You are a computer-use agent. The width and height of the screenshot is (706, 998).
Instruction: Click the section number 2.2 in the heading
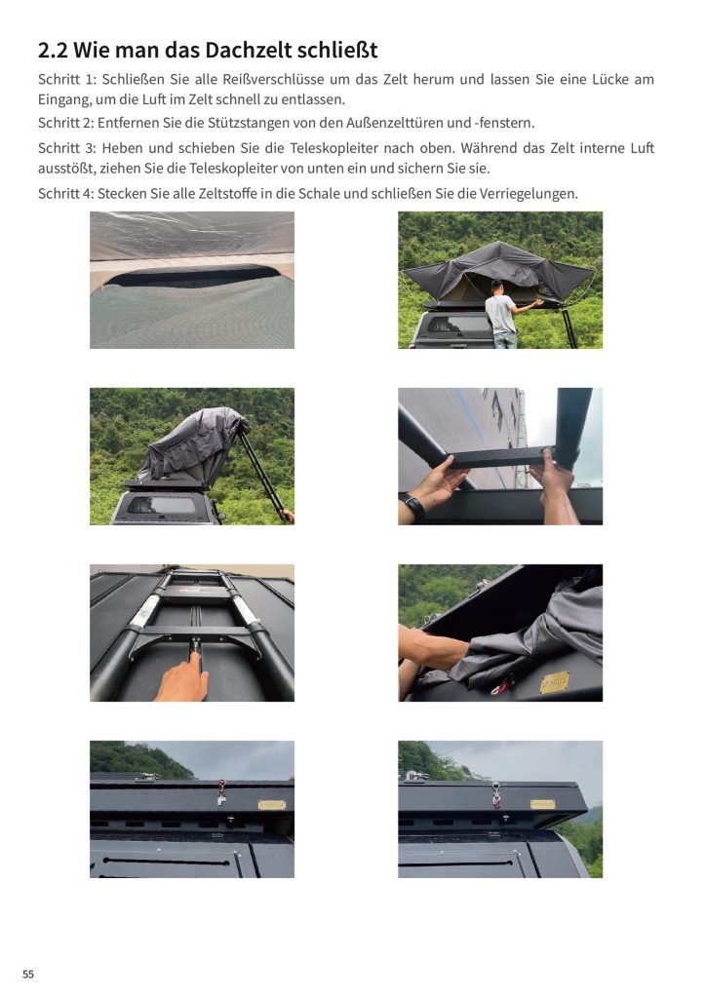coord(53,50)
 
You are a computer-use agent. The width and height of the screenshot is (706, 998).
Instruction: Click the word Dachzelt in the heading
coord(209,50)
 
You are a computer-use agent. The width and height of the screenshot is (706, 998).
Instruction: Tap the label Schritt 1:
coord(67,80)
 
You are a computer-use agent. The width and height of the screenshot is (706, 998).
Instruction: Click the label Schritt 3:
coord(67,148)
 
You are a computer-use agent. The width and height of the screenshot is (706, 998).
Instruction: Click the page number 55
coord(28,975)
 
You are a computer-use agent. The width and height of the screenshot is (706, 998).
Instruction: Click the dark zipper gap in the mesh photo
coord(191,275)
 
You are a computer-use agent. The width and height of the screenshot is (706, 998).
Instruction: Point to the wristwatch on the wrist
coord(413,506)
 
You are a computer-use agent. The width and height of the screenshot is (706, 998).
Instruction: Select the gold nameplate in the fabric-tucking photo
coord(555,682)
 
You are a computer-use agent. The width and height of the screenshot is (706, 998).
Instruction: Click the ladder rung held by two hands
coord(498,457)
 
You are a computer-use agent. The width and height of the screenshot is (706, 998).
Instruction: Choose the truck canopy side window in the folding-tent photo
coord(163,506)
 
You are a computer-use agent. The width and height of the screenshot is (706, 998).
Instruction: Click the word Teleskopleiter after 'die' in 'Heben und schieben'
coord(332,148)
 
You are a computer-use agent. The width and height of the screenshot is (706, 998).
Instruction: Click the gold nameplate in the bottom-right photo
coord(542,804)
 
